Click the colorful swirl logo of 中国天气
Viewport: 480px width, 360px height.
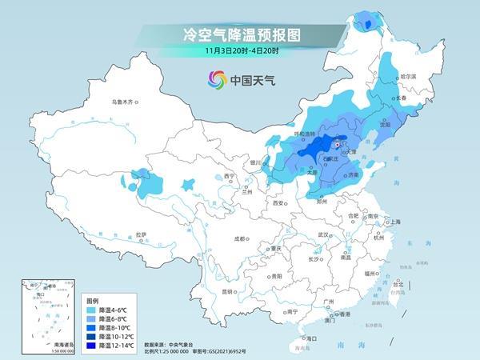coord(217,79)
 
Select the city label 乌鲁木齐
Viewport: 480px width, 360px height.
coord(126,102)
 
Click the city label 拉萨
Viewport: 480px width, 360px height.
coord(141,234)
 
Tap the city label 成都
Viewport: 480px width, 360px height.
coord(238,238)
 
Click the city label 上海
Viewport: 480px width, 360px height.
coord(394,222)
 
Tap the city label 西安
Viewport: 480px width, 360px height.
coord(278,204)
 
